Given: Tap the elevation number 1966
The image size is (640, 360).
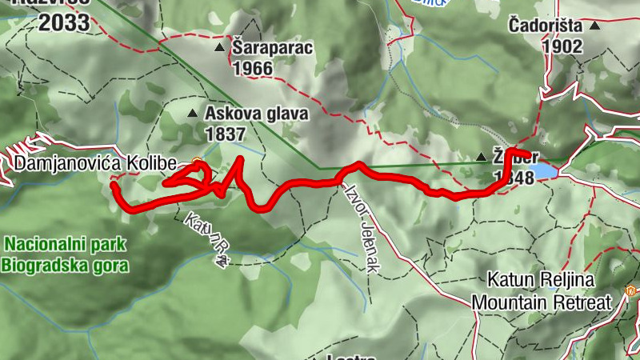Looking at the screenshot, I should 253,69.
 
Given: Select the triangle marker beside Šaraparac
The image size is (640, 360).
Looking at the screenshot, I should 220,49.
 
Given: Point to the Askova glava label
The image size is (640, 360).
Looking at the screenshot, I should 256,114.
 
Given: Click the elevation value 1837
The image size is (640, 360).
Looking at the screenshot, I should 225,134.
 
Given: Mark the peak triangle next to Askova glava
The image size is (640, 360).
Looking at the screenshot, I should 192,114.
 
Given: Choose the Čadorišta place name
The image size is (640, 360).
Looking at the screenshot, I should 546,26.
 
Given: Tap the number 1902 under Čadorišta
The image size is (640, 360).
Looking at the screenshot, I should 562,46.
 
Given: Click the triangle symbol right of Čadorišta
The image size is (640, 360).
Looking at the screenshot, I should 594,26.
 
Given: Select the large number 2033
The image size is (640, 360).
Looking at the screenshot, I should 64,22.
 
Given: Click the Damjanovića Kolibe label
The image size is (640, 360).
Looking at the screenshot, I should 94,164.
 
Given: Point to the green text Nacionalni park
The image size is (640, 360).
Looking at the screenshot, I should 65,243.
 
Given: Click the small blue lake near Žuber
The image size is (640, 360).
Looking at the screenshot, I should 544,170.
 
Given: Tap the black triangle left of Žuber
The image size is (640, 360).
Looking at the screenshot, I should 481,158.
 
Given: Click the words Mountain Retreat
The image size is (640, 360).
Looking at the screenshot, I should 542,302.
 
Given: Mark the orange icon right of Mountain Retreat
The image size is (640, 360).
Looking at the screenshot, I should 631,291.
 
